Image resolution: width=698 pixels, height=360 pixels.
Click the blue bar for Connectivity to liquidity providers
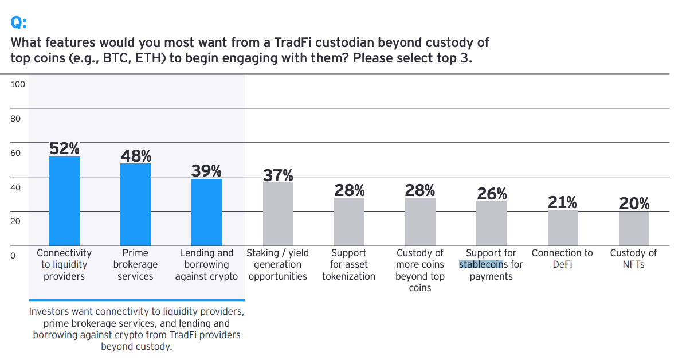(x=64, y=201)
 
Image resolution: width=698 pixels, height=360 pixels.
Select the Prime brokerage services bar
(x=135, y=205)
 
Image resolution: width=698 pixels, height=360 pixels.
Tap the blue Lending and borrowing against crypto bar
(x=206, y=212)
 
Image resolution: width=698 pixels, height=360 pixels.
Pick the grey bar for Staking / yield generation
(x=278, y=214)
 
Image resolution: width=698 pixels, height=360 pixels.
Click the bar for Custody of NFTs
(x=634, y=229)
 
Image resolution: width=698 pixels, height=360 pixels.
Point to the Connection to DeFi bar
(x=563, y=228)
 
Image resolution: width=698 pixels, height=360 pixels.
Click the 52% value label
(x=64, y=148)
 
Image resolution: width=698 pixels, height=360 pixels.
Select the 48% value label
(x=136, y=156)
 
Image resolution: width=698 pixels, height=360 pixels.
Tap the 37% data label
(x=278, y=175)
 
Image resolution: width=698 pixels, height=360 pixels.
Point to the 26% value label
(x=492, y=194)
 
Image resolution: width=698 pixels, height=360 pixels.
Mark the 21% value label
(x=562, y=202)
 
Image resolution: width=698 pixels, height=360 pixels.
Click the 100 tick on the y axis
(x=18, y=84)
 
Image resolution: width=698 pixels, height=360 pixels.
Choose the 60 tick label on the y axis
(x=15, y=153)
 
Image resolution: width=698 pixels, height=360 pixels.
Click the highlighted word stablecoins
(x=481, y=265)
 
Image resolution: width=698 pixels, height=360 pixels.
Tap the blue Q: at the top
(x=19, y=22)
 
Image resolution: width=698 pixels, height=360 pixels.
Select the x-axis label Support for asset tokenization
(x=348, y=265)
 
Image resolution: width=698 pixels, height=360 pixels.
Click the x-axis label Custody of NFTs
(x=633, y=259)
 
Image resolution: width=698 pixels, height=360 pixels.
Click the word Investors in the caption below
(x=49, y=312)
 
